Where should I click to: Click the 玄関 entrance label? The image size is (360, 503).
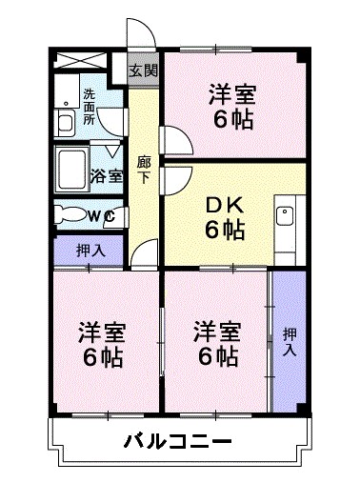point(144,71)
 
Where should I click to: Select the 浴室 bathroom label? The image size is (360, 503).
point(106,175)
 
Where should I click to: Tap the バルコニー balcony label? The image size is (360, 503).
point(177,443)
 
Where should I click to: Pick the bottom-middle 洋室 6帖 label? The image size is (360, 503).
point(217,345)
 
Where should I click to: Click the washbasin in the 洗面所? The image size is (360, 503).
point(65,122)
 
